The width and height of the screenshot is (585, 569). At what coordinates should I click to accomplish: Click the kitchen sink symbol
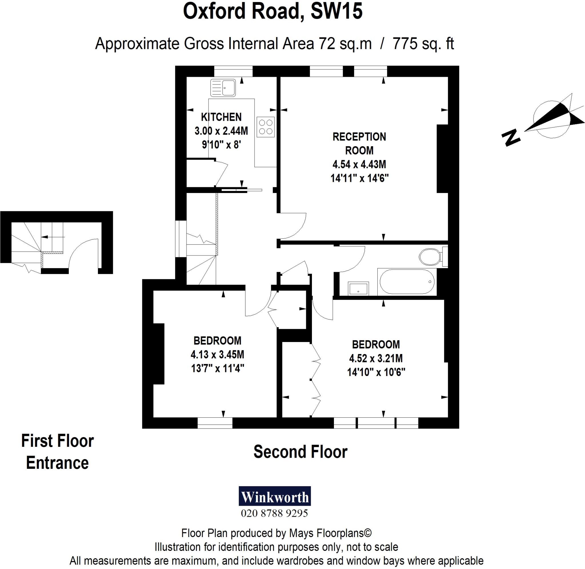223,88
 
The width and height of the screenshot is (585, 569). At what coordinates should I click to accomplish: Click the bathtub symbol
407,282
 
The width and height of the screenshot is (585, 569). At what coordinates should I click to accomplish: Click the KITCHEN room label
221,117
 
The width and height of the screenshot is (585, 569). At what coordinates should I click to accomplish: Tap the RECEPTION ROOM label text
359,143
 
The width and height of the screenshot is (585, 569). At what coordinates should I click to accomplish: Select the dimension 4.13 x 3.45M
217,354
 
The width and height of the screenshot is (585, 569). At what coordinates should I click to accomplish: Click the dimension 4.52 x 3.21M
376,358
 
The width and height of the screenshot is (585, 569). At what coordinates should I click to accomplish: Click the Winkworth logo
275,497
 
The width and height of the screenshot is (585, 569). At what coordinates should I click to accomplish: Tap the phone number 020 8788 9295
274,513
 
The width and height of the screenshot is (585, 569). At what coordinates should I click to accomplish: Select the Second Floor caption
300,452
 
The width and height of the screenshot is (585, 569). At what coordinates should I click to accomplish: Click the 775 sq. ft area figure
423,44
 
